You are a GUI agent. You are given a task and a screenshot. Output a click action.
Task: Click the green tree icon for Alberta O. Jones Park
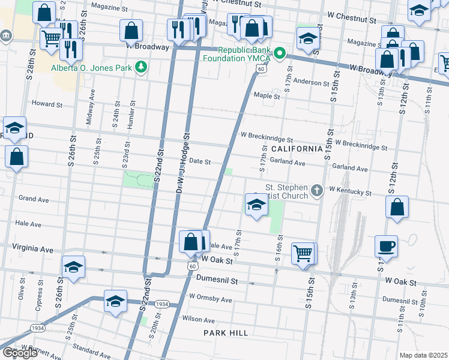point(141,67)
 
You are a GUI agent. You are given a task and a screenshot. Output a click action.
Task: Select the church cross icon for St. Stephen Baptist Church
point(317,191)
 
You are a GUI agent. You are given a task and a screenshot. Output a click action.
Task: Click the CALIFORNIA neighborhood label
point(297,148)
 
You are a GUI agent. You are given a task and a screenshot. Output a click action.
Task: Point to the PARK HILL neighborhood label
point(225,332)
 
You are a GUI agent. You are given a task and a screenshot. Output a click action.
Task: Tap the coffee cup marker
point(386,246)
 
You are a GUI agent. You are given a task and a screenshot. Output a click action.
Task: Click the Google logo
point(20,353)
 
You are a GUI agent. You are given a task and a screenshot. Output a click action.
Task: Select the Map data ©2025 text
point(424,355)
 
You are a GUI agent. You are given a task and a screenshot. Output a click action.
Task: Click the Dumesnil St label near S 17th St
point(214,280)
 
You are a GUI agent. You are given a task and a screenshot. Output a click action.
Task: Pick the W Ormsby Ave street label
point(210,298)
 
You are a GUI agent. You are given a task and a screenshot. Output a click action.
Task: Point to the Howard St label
point(47,104)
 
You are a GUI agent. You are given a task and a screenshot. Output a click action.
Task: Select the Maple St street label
point(267,96)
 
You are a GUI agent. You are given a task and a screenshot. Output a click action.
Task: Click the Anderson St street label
point(311,83)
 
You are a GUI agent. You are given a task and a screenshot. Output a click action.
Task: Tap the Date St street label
point(199,161)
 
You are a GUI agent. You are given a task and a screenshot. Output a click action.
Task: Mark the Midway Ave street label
point(90,107)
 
